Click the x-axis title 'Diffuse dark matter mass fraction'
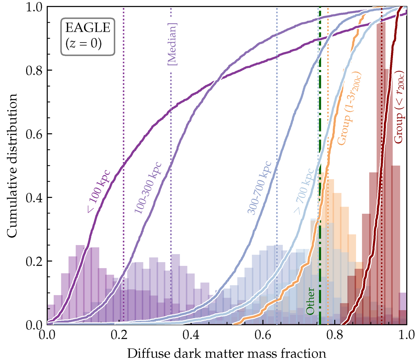pyautogui.click(x=227, y=353)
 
